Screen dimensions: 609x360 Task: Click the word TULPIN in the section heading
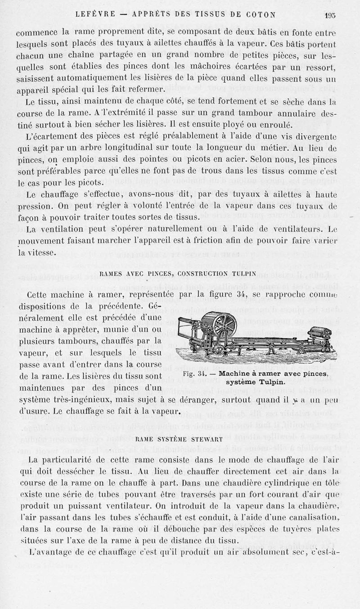pyautogui.click(x=243, y=273)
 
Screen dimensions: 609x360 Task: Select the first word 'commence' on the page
pyautogui.click(x=37, y=32)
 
